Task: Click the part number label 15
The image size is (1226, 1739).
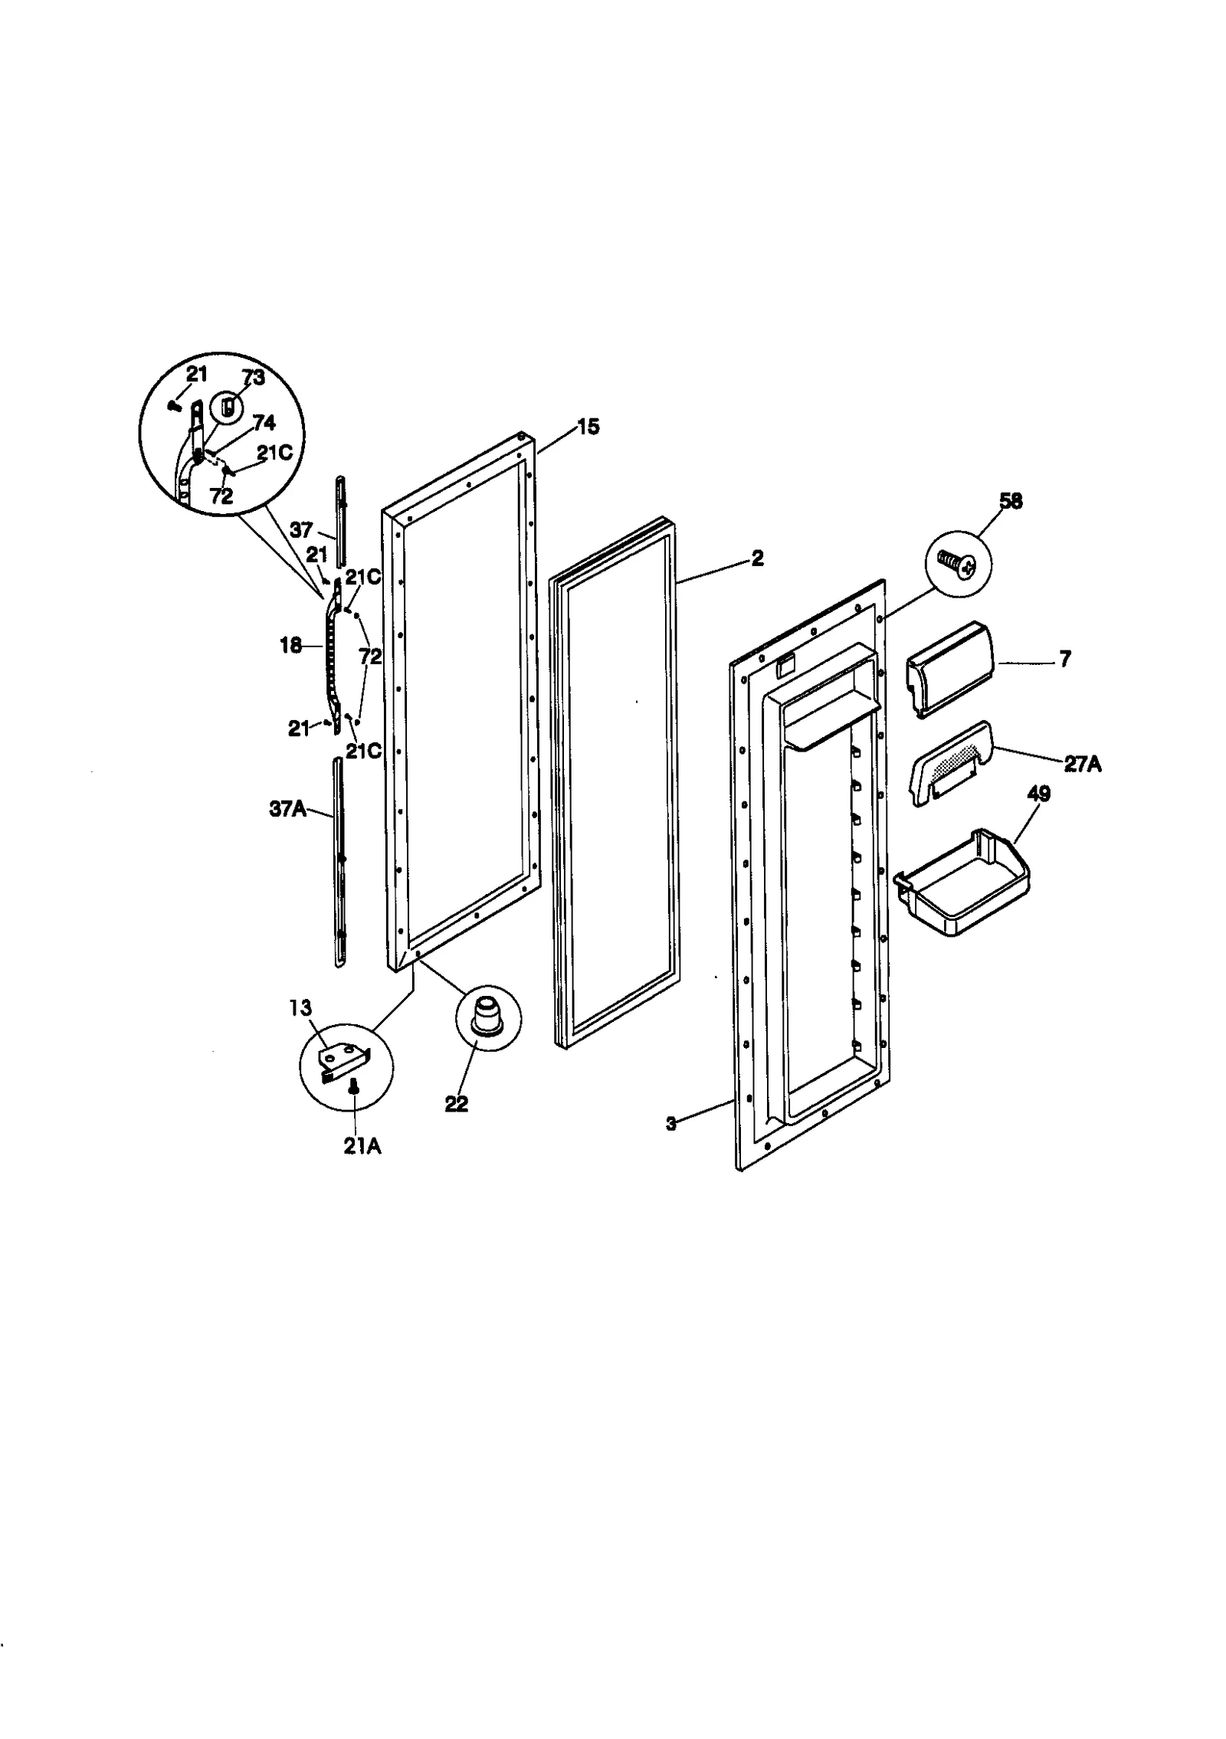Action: point(588,427)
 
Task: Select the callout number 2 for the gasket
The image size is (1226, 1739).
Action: point(757,558)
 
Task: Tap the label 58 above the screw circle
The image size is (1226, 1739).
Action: point(1011,502)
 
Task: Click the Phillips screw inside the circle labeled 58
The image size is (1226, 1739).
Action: point(959,566)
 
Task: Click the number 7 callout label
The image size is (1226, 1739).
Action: point(1065,660)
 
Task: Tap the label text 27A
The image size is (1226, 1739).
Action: point(1082,764)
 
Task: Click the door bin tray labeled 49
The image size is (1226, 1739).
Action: point(965,883)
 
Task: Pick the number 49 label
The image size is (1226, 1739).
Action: point(1038,794)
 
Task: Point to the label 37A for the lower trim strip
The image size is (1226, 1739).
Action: point(287,808)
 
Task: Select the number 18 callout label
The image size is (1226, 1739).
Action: point(290,646)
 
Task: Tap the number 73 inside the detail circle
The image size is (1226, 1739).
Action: point(253,378)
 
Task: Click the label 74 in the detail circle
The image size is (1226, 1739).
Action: point(264,423)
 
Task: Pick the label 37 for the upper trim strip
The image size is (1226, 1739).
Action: point(301,529)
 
